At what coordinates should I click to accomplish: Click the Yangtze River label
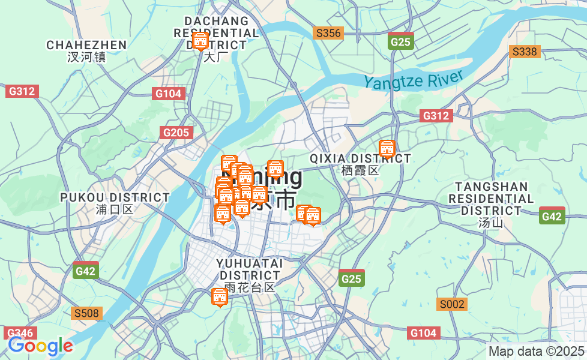pos(414,80)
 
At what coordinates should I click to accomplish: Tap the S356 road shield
pos(328,33)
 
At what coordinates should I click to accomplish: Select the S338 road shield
pos(525,52)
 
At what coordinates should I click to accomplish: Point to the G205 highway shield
pos(176,133)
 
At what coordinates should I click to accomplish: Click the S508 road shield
pos(87,313)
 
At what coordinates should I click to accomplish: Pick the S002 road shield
pos(452,304)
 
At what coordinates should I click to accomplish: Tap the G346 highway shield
pos(21,333)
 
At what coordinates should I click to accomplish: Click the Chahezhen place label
pos(86,50)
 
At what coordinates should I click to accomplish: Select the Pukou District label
pos(115,203)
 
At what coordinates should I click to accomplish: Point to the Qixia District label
pos(360,164)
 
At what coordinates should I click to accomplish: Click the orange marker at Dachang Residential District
pos(200,41)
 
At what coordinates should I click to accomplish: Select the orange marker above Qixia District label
pos(387,148)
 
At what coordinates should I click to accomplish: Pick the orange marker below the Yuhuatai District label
pos(220,296)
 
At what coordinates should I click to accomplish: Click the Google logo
pos(40,346)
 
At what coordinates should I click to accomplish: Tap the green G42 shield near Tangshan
pos(552,217)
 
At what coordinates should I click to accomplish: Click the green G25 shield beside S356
pos(400,41)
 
